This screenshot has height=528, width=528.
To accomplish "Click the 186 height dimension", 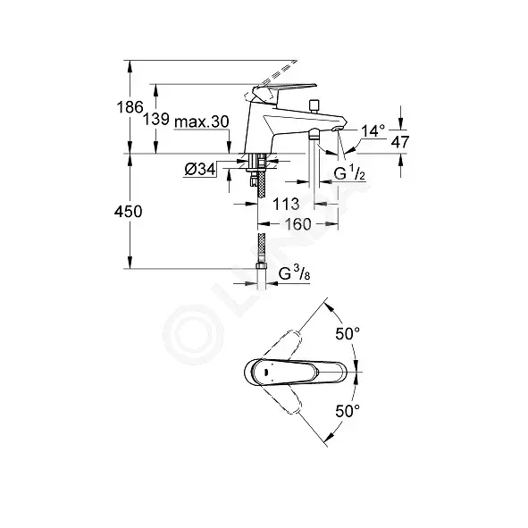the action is [x=130, y=107].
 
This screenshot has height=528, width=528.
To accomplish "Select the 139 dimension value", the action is [x=155, y=119].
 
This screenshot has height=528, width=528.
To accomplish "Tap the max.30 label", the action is [x=202, y=122].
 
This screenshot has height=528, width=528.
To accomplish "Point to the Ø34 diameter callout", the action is [x=200, y=169].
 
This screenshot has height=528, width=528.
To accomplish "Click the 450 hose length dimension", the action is [x=129, y=212].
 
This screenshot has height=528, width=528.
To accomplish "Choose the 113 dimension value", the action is [x=286, y=204].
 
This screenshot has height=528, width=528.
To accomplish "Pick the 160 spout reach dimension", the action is [x=298, y=224].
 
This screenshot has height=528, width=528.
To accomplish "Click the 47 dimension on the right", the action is [x=400, y=142].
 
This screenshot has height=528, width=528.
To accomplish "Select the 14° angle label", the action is [x=373, y=130].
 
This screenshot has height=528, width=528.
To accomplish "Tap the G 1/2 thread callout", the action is [x=349, y=173].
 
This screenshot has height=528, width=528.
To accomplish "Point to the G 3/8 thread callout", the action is [x=294, y=273].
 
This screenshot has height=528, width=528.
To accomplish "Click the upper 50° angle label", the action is [x=348, y=334].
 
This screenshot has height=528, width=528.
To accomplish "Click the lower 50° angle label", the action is [x=348, y=411].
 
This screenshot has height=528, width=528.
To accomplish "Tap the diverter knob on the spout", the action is [x=314, y=106].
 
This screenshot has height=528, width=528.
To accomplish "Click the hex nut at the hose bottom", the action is [x=261, y=266].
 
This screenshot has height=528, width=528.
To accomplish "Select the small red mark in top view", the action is [x=266, y=372].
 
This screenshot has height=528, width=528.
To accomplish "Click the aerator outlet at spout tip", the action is [x=337, y=129].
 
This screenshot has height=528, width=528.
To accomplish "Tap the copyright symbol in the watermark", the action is [x=193, y=334].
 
